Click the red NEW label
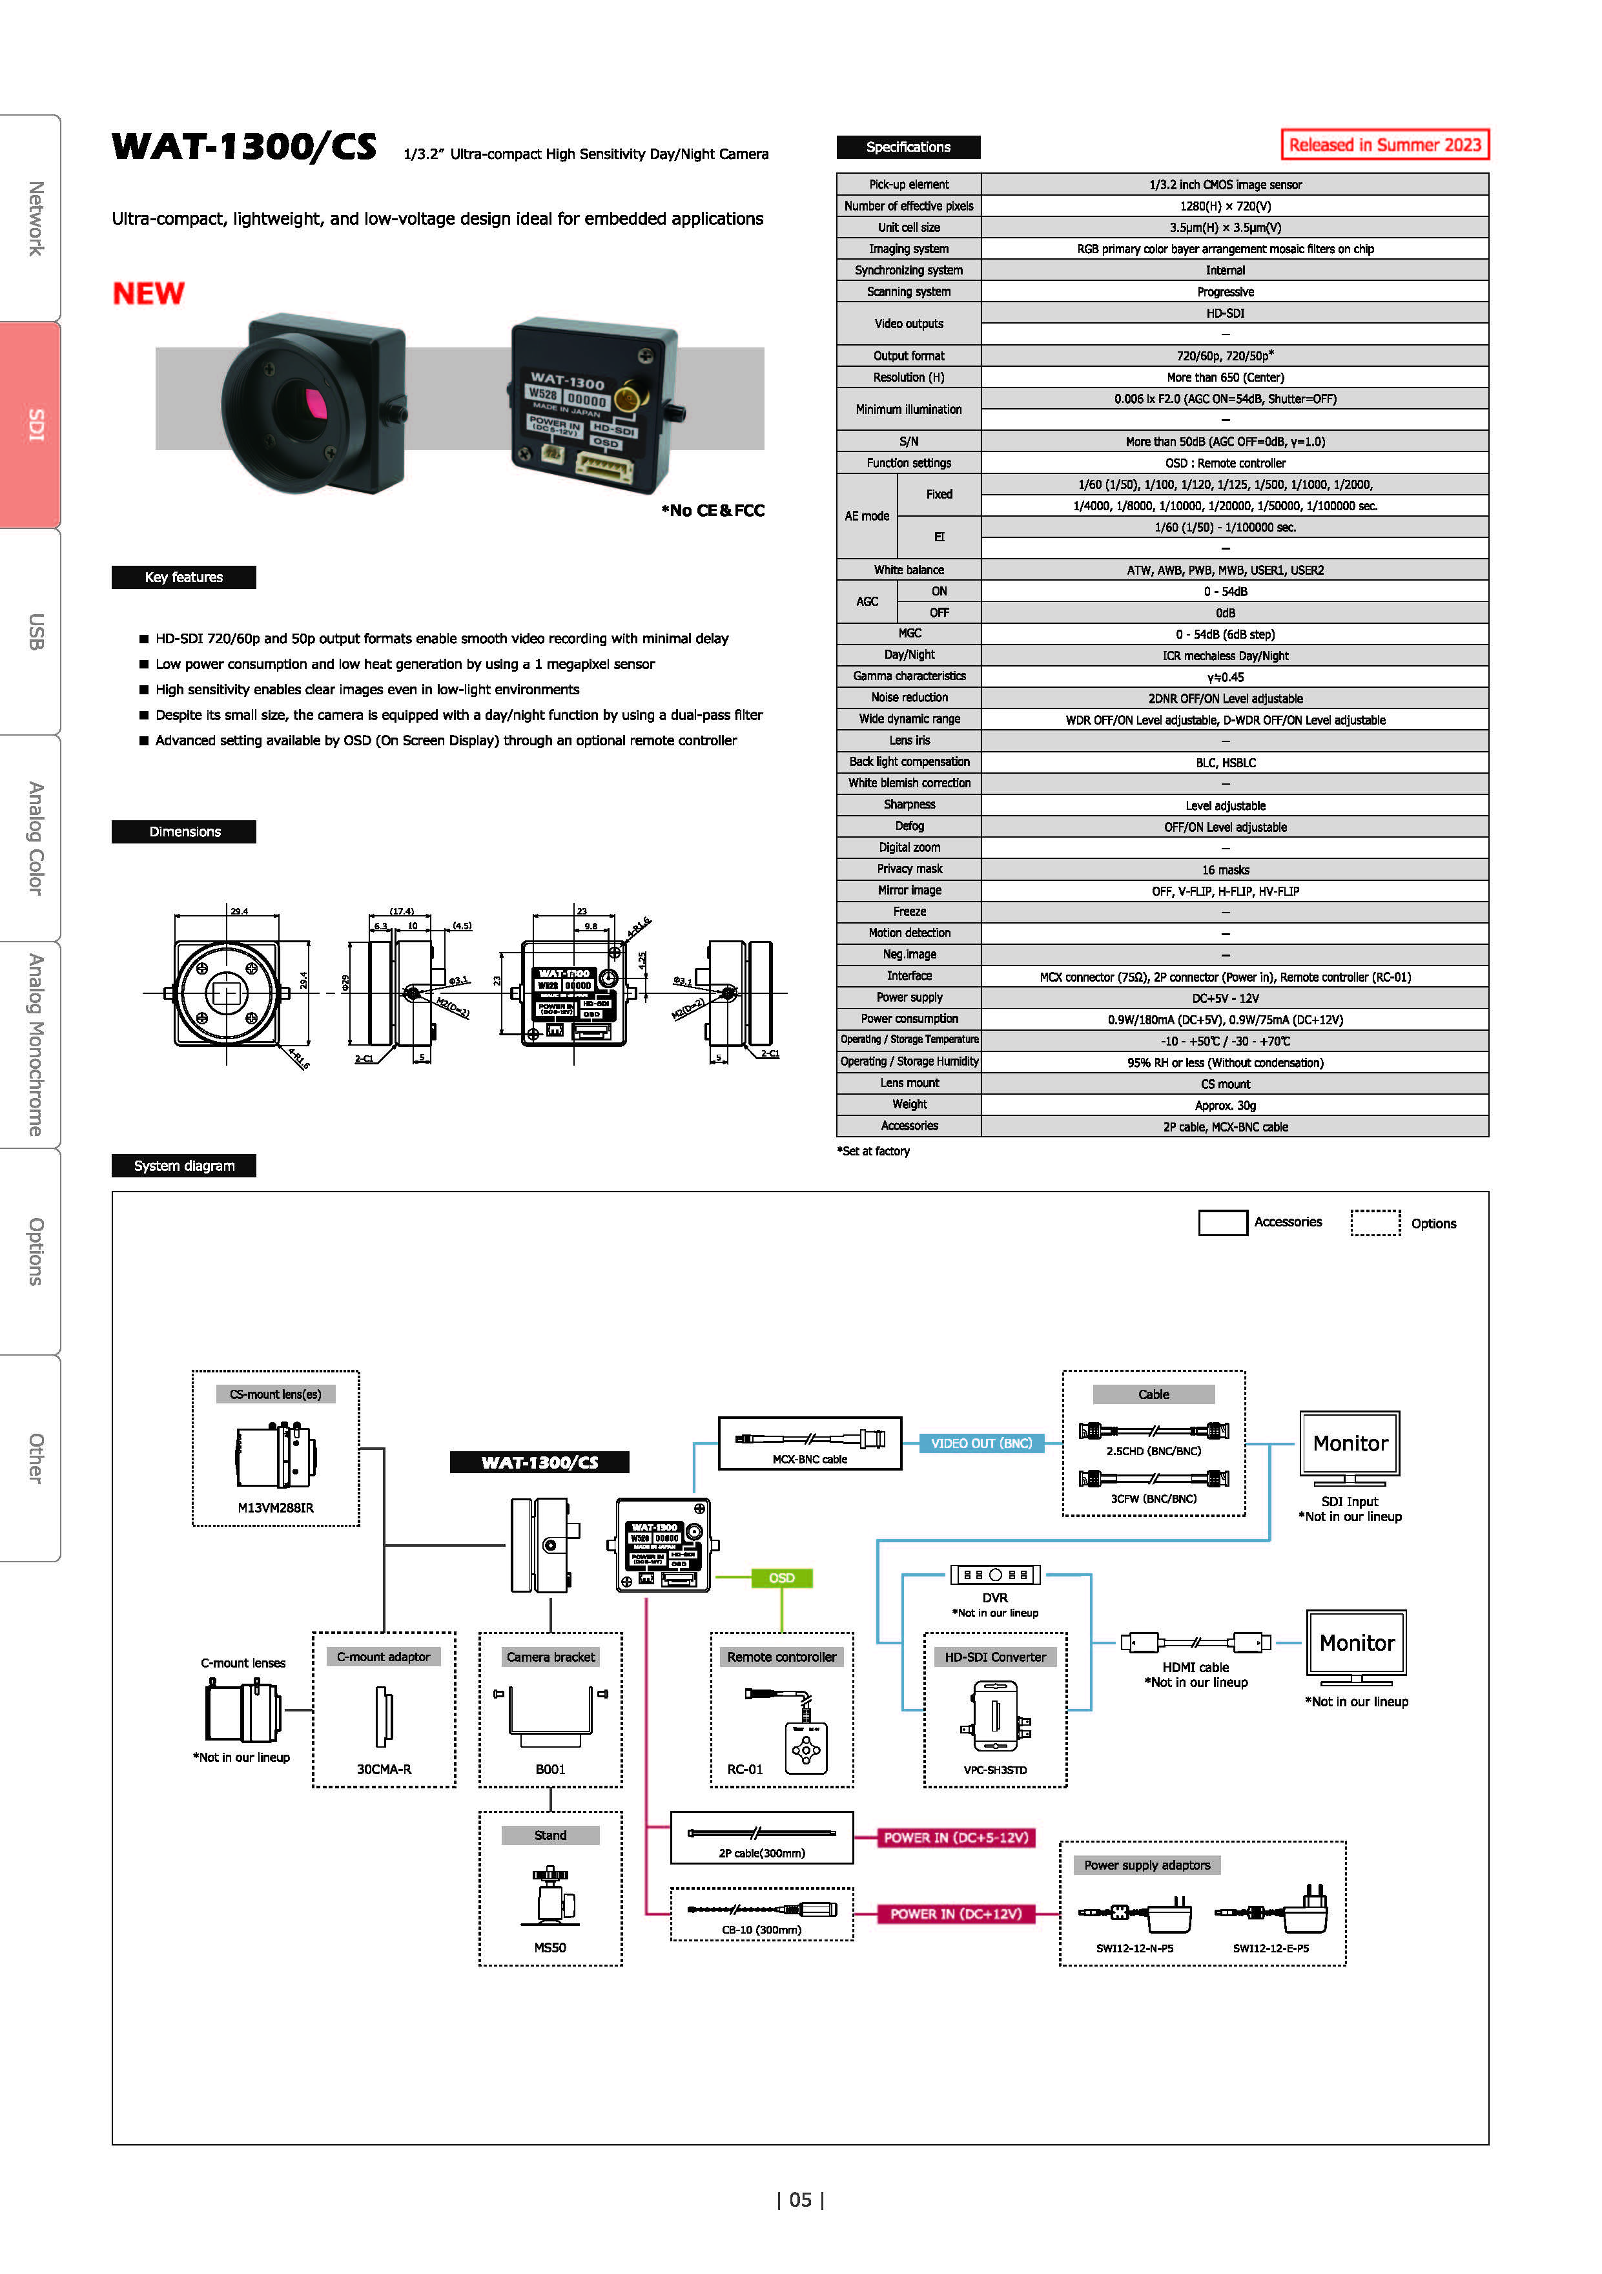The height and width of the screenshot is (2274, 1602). [x=149, y=293]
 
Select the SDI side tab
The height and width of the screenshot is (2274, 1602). [x=30, y=425]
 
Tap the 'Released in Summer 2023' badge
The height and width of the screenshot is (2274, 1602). [x=1384, y=145]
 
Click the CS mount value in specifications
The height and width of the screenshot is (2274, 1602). [x=1225, y=1084]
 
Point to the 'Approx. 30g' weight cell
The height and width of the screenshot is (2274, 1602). [x=1225, y=1105]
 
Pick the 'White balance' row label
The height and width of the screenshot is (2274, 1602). [x=909, y=570]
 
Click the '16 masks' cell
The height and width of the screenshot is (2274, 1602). [x=1225, y=869]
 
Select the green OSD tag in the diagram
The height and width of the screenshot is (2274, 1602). [x=782, y=1578]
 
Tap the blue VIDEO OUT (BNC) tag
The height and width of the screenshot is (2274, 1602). [x=981, y=1443]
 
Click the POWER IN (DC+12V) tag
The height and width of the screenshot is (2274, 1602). [x=956, y=1914]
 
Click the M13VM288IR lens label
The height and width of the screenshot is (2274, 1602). [x=275, y=1507]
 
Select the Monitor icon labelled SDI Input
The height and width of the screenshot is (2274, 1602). [x=1350, y=1448]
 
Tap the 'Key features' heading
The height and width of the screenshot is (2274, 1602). [x=184, y=577]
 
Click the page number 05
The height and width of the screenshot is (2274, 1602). [x=800, y=2200]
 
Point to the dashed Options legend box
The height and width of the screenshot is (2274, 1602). [x=1375, y=1223]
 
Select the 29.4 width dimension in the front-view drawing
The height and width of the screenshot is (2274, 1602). [x=239, y=910]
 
